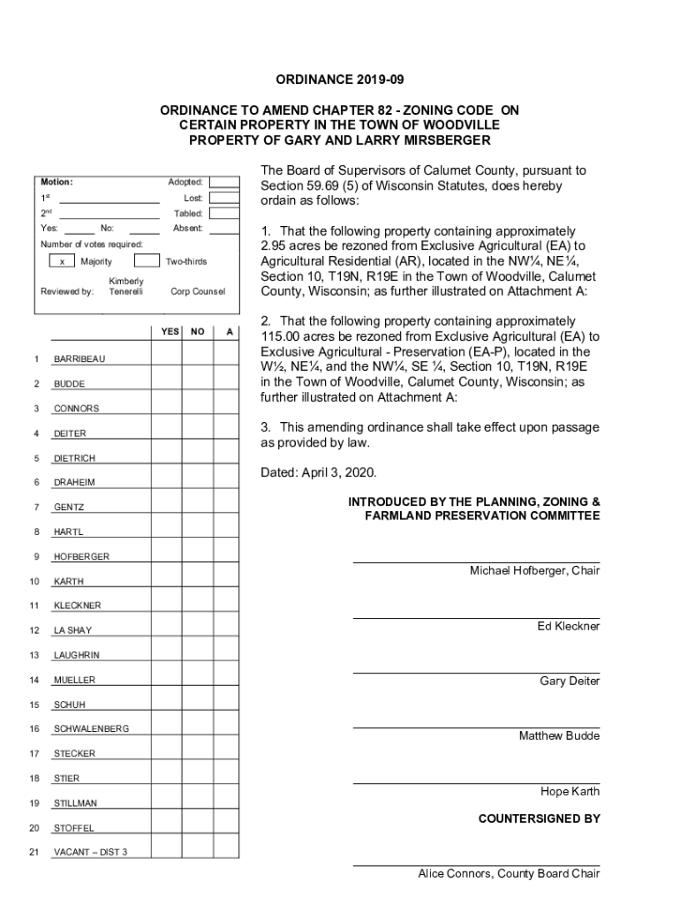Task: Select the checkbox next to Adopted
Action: [223, 182]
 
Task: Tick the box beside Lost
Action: [223, 198]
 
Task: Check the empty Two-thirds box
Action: [147, 261]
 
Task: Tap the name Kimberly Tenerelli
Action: [126, 286]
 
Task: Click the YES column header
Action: [170, 332]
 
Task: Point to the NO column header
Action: [198, 332]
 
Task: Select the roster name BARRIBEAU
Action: [79, 359]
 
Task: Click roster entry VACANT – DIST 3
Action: [90, 852]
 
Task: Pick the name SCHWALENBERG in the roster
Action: [91, 728]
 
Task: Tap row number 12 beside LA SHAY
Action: [34, 630]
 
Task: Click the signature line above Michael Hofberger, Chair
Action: [476, 561]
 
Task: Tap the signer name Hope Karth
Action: [570, 792]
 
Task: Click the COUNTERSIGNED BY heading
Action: [539, 818]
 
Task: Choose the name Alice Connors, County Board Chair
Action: [509, 874]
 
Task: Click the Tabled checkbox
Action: [223, 214]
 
